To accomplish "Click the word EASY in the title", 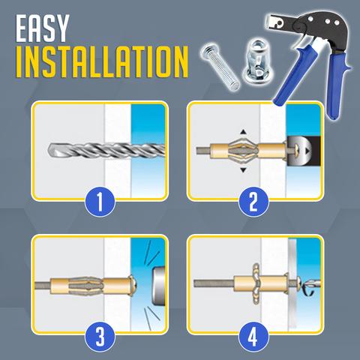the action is click(42, 28).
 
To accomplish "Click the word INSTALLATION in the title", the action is click(101, 62).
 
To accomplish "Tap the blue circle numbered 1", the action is click(100, 202).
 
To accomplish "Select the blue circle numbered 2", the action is click(253, 202).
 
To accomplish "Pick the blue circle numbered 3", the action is click(100, 337).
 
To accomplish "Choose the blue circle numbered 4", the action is click(253, 337).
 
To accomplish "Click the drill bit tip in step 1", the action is click(49, 149).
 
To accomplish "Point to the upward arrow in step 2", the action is click(243, 132).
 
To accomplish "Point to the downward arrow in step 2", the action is click(243, 170).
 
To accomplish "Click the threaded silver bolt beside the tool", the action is click(220, 67).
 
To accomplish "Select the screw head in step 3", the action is click(133, 285).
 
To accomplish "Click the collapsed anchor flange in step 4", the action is click(257, 283).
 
